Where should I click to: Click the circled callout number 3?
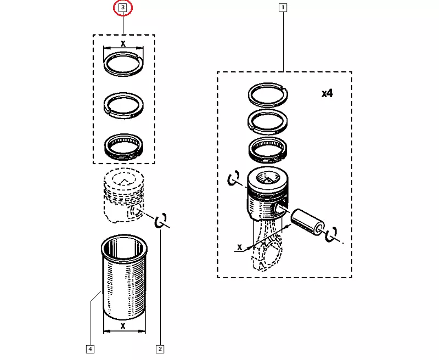point(123,8)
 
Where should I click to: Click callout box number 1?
point(283,8)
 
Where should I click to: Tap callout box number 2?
point(160,348)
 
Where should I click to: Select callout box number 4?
point(90,348)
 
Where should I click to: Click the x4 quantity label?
point(327,93)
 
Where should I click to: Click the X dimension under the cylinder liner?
point(123,325)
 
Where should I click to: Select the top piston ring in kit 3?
point(123,62)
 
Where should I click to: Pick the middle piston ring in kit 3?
point(123,103)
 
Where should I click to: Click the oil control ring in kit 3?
point(123,145)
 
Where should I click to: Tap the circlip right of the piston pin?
point(331,234)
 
